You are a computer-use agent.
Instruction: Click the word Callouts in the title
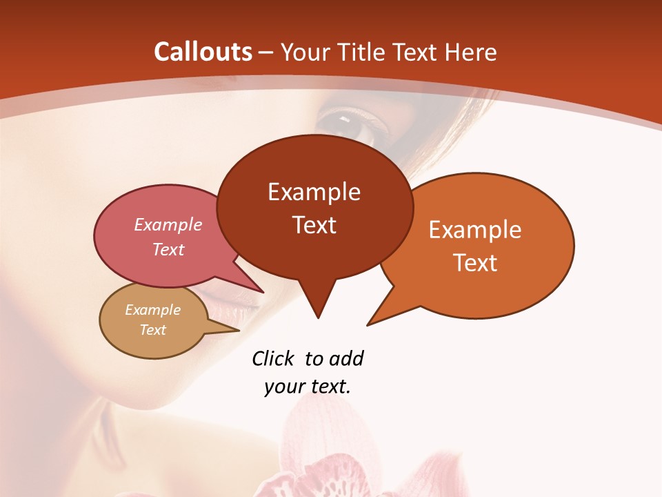(x=203, y=52)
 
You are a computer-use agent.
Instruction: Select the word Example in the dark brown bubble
(x=314, y=192)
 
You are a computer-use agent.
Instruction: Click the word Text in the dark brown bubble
(x=314, y=225)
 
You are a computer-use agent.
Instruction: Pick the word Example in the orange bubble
(x=475, y=230)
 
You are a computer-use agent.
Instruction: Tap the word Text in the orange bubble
(x=475, y=263)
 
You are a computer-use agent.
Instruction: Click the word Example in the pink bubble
(x=168, y=224)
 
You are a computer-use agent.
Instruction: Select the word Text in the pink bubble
(x=168, y=249)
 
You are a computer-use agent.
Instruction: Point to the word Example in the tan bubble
(x=152, y=310)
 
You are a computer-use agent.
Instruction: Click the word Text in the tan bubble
(x=152, y=330)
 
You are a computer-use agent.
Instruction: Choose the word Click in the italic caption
(x=273, y=358)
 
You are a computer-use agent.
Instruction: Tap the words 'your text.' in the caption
(x=308, y=387)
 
